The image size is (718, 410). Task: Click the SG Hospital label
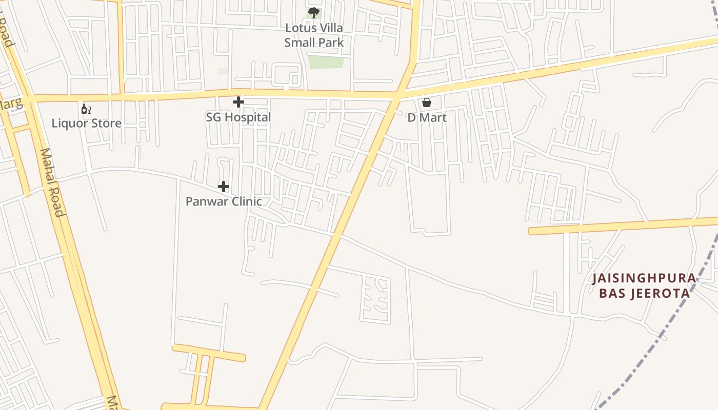[238, 117]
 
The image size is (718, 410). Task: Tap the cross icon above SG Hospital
[238, 102]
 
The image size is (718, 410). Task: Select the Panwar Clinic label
[224, 201]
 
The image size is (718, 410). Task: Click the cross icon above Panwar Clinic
[224, 187]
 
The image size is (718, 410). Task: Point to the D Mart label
[427, 118]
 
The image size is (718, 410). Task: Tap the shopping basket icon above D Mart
[427, 102]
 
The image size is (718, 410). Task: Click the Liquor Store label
[86, 124]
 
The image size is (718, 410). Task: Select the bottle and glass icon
[86, 109]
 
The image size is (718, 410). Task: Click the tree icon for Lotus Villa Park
[314, 12]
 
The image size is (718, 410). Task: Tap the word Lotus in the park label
[300, 28]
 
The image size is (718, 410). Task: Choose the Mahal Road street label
[52, 182]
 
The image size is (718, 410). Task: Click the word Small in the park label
[299, 43]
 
